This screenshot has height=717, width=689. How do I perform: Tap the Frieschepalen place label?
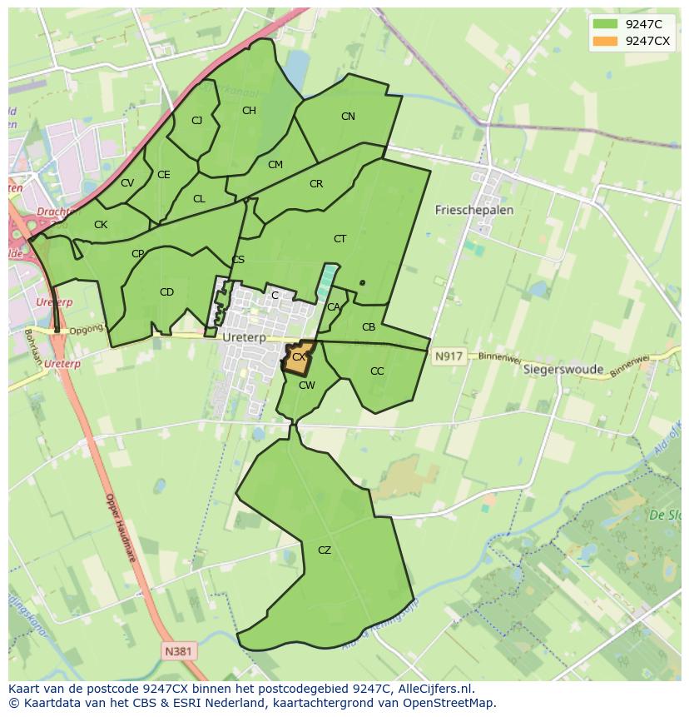[474, 210]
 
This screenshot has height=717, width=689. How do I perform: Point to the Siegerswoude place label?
[563, 369]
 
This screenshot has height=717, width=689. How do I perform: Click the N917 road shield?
[448, 356]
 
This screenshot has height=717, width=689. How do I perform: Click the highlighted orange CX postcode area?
[299, 356]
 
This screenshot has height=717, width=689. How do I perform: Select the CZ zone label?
[325, 550]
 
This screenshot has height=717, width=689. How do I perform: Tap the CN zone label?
[348, 117]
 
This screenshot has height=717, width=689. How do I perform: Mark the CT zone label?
[340, 239]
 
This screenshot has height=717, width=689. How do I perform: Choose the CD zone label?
[166, 291]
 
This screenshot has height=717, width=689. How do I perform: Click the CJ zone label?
[197, 120]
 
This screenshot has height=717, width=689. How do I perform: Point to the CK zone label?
[101, 225]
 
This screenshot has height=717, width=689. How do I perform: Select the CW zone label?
[306, 385]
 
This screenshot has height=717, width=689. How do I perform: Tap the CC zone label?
[377, 371]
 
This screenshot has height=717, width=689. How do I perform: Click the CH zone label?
[249, 110]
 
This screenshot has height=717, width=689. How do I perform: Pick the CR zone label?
[316, 184]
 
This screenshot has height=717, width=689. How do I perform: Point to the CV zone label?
[127, 183]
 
